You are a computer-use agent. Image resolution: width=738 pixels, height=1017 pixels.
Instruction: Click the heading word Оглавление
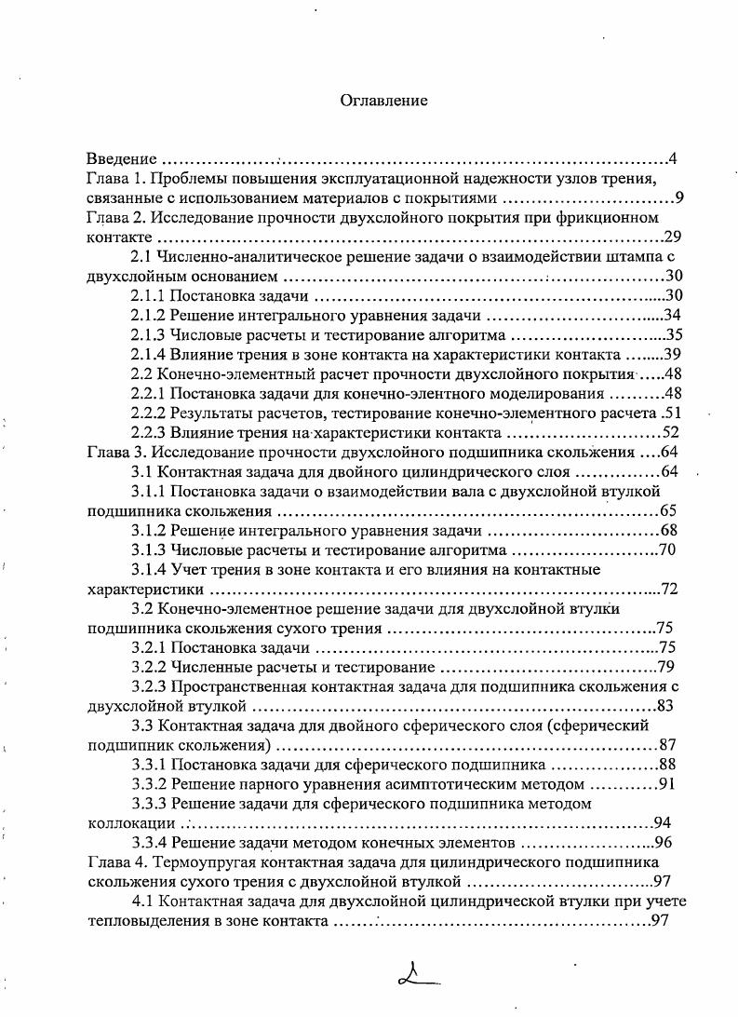383,101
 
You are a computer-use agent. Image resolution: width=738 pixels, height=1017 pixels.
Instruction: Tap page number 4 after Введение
672,158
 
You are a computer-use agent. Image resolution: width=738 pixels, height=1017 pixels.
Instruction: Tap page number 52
672,433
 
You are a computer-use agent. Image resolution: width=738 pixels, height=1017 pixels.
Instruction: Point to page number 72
669,590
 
